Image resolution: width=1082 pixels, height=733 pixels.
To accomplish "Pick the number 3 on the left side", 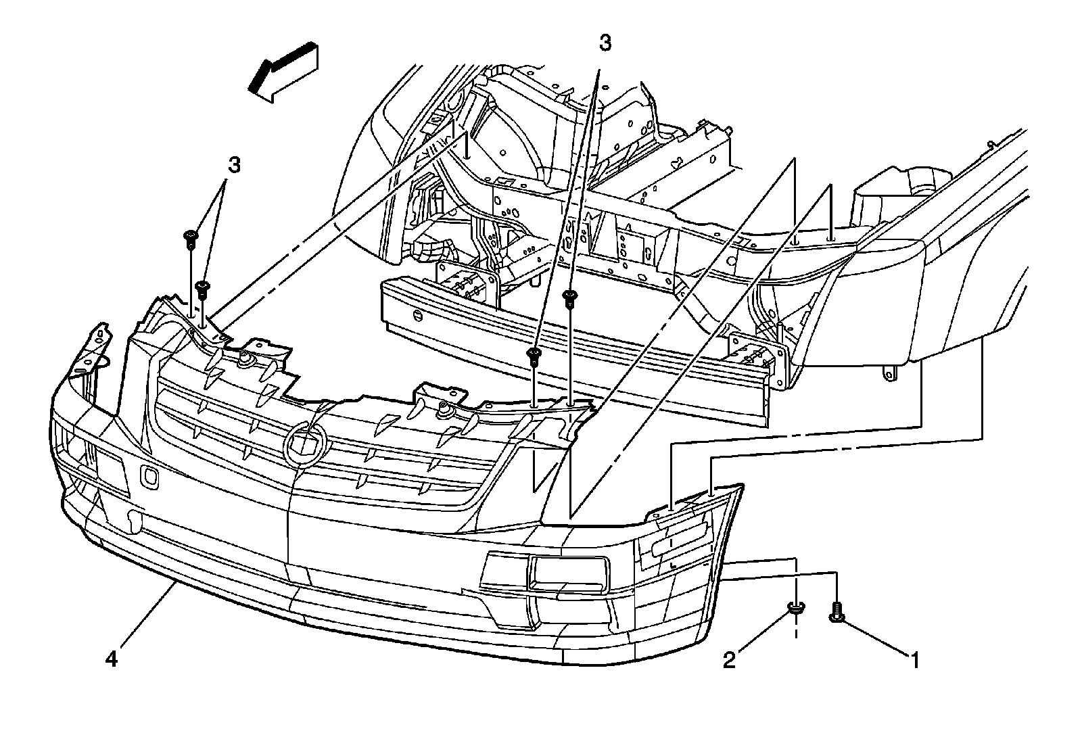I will (233, 164).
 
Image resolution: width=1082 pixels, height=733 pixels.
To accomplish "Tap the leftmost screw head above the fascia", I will (190, 236).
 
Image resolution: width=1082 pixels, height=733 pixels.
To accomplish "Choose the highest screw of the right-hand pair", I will (570, 295).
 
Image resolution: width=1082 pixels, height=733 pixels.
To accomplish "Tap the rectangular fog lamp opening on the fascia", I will (568, 572).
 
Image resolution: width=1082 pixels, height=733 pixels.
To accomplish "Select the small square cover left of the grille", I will (149, 477).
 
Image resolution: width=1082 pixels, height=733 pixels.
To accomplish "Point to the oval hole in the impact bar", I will (417, 316).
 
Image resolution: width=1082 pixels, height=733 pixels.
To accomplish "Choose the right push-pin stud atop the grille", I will (445, 409).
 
